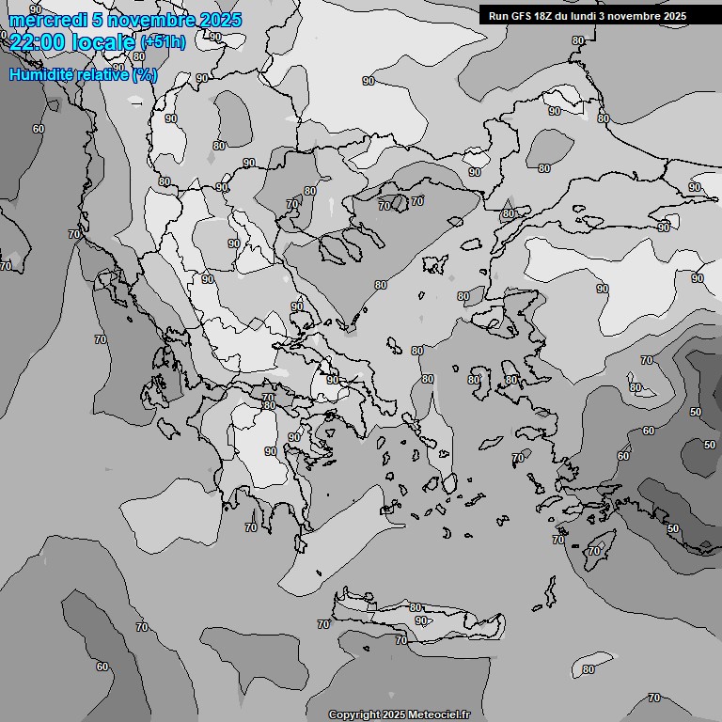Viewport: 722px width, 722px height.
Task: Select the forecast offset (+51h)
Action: (163, 41)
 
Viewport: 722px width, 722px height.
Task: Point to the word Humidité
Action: (44, 74)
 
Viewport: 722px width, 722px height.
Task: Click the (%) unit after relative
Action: (144, 74)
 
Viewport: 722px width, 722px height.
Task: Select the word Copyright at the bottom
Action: (354, 714)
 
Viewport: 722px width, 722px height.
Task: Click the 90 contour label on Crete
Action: (421, 620)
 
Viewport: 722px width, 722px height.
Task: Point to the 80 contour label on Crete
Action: (416, 607)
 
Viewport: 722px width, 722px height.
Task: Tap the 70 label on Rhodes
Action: (593, 550)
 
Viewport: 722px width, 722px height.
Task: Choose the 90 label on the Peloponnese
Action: (271, 451)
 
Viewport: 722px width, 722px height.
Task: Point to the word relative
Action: (105, 74)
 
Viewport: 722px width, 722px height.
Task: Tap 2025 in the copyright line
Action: (395, 714)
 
